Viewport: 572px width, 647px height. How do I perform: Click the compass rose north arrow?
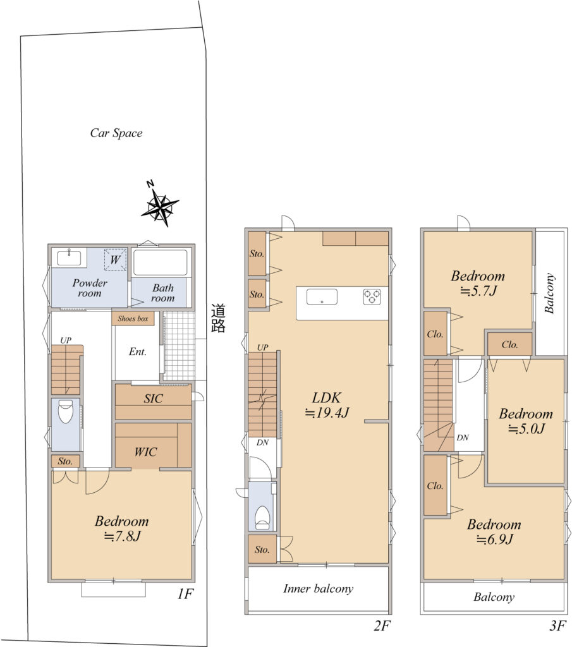tap(160, 205)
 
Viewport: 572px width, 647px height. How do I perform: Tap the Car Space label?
tap(116, 133)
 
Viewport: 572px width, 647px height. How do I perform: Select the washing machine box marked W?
tap(115, 260)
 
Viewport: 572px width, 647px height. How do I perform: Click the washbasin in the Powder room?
tap(70, 258)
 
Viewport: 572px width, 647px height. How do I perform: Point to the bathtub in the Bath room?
tap(160, 262)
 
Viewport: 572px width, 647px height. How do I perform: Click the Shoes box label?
tap(133, 318)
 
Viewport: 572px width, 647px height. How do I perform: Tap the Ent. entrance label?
tap(137, 351)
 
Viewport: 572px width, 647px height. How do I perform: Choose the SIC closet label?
tap(153, 399)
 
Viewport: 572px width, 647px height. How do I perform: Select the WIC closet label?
tap(145, 452)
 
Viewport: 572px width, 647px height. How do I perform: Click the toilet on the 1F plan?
tap(66, 411)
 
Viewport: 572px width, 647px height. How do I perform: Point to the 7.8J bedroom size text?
tap(123, 536)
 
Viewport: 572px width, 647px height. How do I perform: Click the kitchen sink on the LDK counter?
tap(322, 297)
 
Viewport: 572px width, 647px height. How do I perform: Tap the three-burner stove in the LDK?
tap(372, 297)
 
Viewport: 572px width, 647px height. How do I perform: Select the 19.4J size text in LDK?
tap(327, 413)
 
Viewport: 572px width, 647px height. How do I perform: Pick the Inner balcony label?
tap(318, 589)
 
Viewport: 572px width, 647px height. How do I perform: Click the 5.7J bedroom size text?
tap(478, 291)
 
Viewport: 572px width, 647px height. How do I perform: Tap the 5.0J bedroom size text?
tap(526, 429)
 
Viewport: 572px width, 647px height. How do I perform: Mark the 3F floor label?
tap(557, 626)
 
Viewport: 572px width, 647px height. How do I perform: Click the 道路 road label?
tap(218, 318)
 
